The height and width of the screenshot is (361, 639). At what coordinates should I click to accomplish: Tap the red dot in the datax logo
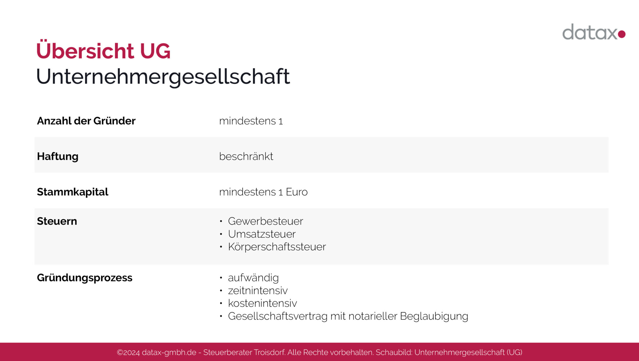[622, 34]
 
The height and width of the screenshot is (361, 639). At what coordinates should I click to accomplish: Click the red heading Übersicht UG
[103, 51]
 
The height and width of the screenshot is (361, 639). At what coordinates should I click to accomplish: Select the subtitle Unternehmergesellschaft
[163, 77]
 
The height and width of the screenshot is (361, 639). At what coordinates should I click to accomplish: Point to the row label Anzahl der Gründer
[86, 121]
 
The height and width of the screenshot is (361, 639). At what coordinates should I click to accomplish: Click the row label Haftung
[58, 156]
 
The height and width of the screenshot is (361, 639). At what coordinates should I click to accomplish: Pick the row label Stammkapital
[72, 192]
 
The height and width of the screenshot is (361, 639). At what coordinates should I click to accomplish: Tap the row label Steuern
[57, 221]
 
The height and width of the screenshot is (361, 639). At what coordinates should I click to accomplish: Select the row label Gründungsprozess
[85, 278]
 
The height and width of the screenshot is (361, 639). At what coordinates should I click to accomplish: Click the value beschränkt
[246, 156]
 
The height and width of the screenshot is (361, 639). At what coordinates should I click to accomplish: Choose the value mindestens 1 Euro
[263, 192]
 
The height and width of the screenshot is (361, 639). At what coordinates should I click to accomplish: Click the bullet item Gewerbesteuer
[265, 221]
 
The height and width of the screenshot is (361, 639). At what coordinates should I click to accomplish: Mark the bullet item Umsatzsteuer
[261, 234]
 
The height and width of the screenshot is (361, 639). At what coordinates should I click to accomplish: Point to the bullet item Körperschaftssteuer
[277, 247]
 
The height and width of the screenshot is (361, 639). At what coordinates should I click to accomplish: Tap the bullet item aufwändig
[253, 278]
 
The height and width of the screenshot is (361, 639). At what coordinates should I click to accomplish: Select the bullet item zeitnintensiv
[258, 290]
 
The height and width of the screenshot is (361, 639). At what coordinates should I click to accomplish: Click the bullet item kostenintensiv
[262, 303]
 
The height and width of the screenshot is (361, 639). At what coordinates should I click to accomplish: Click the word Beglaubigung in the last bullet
[434, 316]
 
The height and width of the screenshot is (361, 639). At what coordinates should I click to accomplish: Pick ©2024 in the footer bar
[128, 352]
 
